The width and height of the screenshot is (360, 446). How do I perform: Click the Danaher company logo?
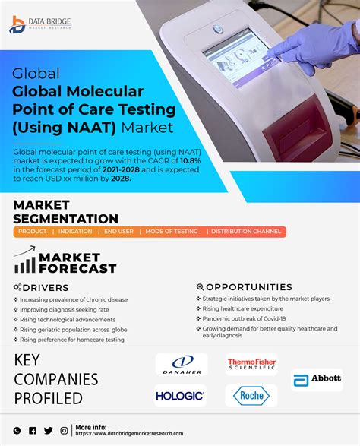tap(182, 365)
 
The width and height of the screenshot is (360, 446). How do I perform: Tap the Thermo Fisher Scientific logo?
tap(251, 365)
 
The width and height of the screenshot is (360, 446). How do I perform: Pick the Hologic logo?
tap(180, 396)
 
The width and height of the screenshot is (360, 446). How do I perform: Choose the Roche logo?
tap(251, 396)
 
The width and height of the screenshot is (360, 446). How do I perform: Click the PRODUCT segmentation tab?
tap(33, 232)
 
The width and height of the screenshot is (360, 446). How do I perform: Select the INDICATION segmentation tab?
tap(75, 232)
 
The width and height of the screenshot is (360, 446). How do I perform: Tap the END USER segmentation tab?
tap(119, 232)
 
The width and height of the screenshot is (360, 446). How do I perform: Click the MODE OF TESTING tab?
tap(172, 232)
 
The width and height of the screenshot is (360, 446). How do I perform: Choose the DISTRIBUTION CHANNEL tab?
tap(246, 232)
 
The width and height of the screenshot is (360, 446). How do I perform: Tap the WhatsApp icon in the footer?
tap(17, 431)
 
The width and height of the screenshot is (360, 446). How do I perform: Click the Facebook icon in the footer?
tap(33, 431)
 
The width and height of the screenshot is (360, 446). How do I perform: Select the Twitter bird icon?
tap(49, 431)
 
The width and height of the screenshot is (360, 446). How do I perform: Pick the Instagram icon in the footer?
tap(65, 431)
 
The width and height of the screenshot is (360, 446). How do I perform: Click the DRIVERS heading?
tap(46, 288)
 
